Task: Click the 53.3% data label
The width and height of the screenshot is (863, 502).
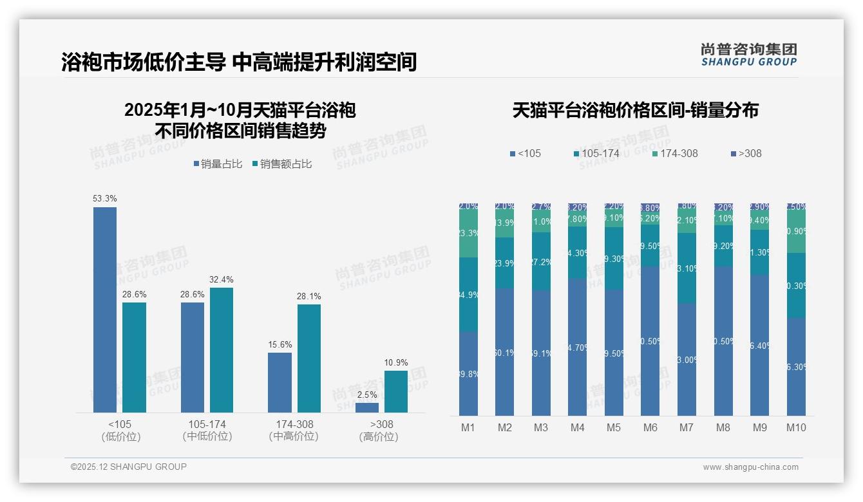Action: (105, 198)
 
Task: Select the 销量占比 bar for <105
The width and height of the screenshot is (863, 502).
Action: (105, 309)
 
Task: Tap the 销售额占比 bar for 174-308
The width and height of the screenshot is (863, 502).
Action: (309, 358)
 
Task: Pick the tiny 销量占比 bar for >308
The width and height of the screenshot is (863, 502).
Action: (367, 407)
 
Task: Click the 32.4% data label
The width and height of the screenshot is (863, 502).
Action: (222, 279)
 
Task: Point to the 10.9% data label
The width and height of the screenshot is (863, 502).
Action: (396, 362)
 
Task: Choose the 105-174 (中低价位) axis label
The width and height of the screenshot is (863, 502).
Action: (207, 431)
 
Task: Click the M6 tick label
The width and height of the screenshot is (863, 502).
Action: (650, 427)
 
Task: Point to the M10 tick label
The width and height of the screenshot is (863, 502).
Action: (796, 427)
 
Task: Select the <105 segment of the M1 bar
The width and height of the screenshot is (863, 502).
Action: (468, 373)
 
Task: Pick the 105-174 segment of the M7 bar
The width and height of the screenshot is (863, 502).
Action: (687, 268)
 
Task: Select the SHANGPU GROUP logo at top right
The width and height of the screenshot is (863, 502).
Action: (749, 54)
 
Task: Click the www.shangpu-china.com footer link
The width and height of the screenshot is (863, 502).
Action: (750, 467)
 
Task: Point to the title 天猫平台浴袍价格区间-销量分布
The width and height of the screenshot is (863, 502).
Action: (635, 110)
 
